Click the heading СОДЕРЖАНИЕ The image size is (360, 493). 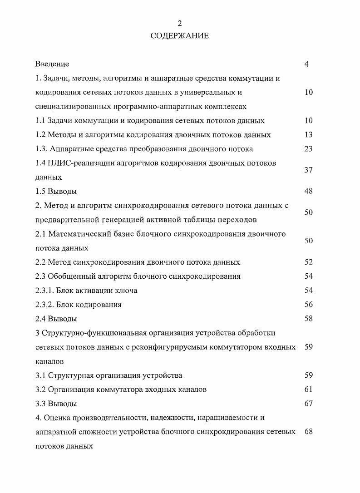[180, 36]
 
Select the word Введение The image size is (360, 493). [52, 64]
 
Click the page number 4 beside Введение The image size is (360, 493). [307, 64]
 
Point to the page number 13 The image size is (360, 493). [309, 135]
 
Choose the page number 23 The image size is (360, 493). [309, 149]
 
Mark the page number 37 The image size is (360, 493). [309, 170]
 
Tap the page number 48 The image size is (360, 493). [309, 191]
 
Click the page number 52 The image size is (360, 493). [309, 262]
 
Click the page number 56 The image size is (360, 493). [309, 304]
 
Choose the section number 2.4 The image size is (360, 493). [41, 319]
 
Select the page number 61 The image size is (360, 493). [309, 389]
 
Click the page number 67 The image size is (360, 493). [309, 403]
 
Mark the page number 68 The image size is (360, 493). [309, 431]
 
